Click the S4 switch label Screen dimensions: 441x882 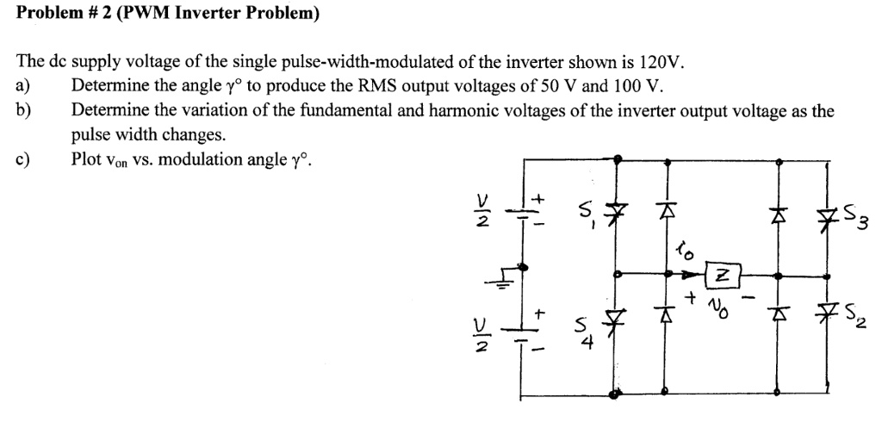(x=586, y=331)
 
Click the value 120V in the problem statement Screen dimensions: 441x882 (x=662, y=63)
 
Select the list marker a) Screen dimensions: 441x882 (x=24, y=86)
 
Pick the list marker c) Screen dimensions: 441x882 (x=24, y=159)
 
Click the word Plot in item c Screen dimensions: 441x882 (x=87, y=159)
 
